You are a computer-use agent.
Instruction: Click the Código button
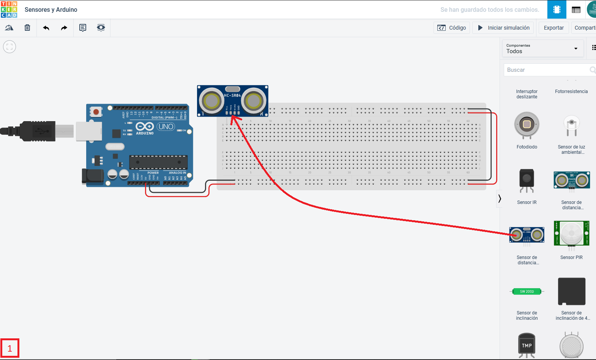[x=452, y=28]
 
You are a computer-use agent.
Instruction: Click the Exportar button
[x=553, y=28]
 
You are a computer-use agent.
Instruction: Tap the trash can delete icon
[x=27, y=28]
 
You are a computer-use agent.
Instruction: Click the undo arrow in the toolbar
[x=46, y=28]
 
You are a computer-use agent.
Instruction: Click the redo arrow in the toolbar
[x=64, y=28]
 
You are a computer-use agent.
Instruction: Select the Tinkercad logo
[x=9, y=9]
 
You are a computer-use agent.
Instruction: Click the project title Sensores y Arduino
[x=51, y=9]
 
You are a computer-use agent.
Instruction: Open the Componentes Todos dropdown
[x=542, y=49]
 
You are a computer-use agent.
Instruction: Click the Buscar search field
[x=547, y=70]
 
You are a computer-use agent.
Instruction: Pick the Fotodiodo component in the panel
[x=527, y=125]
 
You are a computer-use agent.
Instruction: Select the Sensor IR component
[x=527, y=180]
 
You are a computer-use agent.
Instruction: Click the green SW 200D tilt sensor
[x=527, y=292]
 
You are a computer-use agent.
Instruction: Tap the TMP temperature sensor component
[x=527, y=345]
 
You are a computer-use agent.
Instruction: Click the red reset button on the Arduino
[x=96, y=112]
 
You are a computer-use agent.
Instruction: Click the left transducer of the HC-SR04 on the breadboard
[x=211, y=101]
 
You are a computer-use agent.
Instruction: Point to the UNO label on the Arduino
[x=166, y=126]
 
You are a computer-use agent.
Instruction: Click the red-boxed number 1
[x=10, y=348]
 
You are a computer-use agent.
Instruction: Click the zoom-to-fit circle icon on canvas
[x=9, y=47]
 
